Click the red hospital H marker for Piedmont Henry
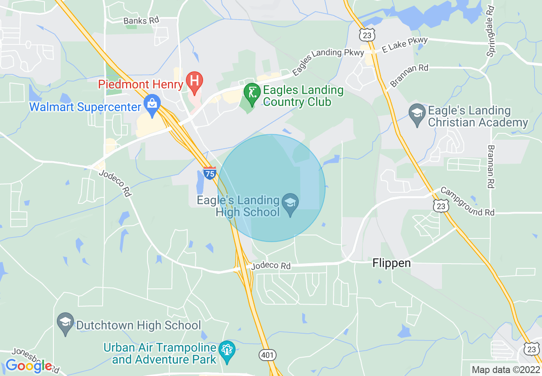[194, 81]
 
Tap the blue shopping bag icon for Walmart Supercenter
[152, 104]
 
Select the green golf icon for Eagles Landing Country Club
[252, 93]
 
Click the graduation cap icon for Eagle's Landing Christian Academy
[416, 113]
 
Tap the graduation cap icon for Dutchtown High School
[65, 323]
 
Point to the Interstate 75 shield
[209, 173]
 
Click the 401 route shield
[267, 355]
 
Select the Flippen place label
[392, 263]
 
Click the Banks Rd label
[141, 21]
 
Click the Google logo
[29, 366]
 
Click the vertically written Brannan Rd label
[491, 167]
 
